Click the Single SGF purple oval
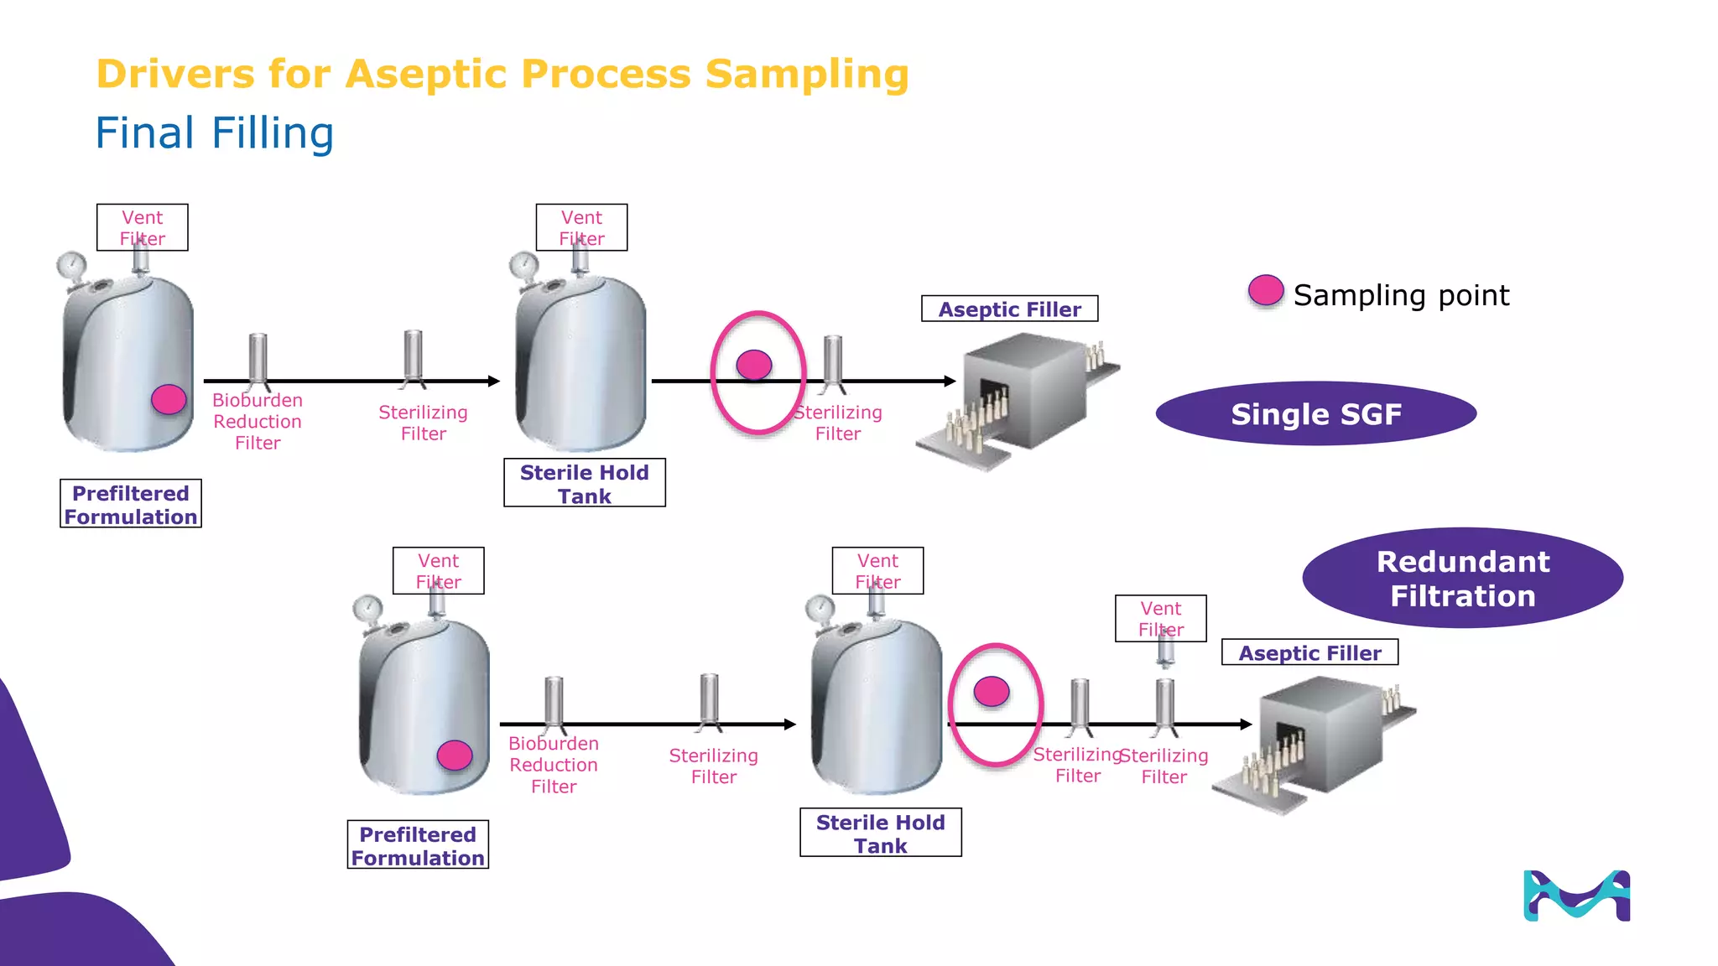click(x=1315, y=413)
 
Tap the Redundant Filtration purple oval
click(x=1462, y=578)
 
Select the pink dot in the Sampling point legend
click(x=1266, y=291)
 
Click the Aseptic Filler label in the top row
click(x=1009, y=309)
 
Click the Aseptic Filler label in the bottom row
click(x=1309, y=652)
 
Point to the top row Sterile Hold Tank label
click(x=584, y=483)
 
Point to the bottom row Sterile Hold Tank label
click(x=880, y=833)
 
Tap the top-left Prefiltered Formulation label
click(x=131, y=504)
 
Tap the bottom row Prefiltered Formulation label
click(x=418, y=845)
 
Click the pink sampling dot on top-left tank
click(x=169, y=399)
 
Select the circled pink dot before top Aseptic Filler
click(x=754, y=365)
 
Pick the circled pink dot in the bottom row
click(x=992, y=692)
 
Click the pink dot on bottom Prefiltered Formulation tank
click(x=455, y=756)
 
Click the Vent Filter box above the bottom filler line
click(x=1160, y=618)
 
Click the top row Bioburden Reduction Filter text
click(x=258, y=421)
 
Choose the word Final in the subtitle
click(x=145, y=133)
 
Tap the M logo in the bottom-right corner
click(x=1576, y=896)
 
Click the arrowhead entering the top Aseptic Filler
click(x=950, y=381)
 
